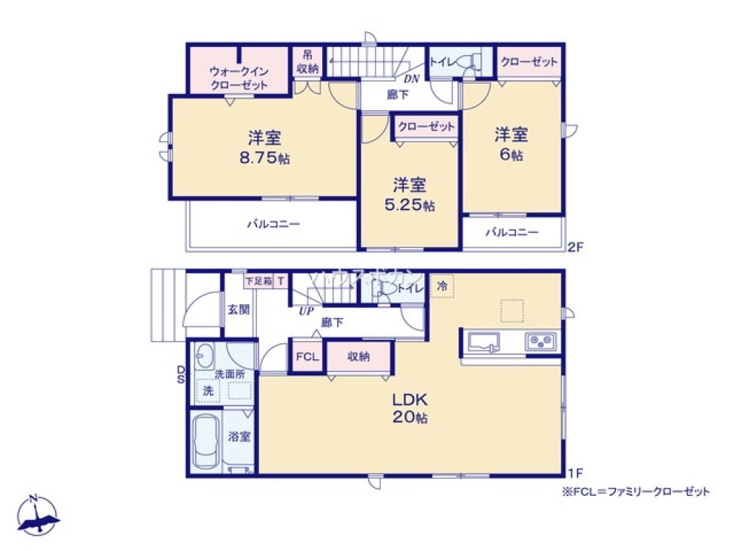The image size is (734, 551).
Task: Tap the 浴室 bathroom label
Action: (x=239, y=436)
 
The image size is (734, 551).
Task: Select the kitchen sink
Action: (x=482, y=342)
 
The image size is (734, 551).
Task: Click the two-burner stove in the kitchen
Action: (x=539, y=342)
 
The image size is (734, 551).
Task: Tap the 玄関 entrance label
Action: (x=239, y=309)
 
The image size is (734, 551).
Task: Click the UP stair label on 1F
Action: (x=306, y=310)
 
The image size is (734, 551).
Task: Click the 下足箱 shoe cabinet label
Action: (x=258, y=280)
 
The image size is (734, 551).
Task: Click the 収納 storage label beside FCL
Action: (x=358, y=357)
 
